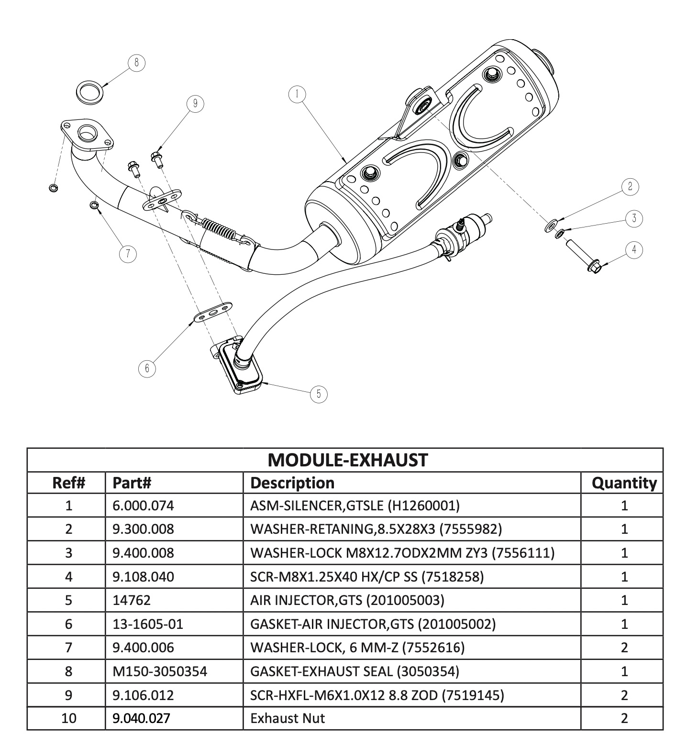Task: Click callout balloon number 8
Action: (x=136, y=63)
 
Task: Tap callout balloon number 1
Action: (x=297, y=94)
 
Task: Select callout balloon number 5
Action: (x=319, y=394)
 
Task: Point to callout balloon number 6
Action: (x=147, y=368)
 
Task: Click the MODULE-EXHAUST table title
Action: (x=347, y=460)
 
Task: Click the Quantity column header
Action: (x=624, y=483)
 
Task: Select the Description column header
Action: (x=292, y=483)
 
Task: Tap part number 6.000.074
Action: (x=143, y=506)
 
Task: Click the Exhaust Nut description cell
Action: (x=287, y=718)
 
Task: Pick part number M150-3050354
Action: (x=160, y=671)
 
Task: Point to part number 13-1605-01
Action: (x=148, y=624)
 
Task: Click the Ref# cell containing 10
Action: (x=69, y=718)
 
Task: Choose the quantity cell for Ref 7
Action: (x=624, y=648)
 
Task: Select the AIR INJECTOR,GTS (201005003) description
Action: (x=347, y=600)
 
